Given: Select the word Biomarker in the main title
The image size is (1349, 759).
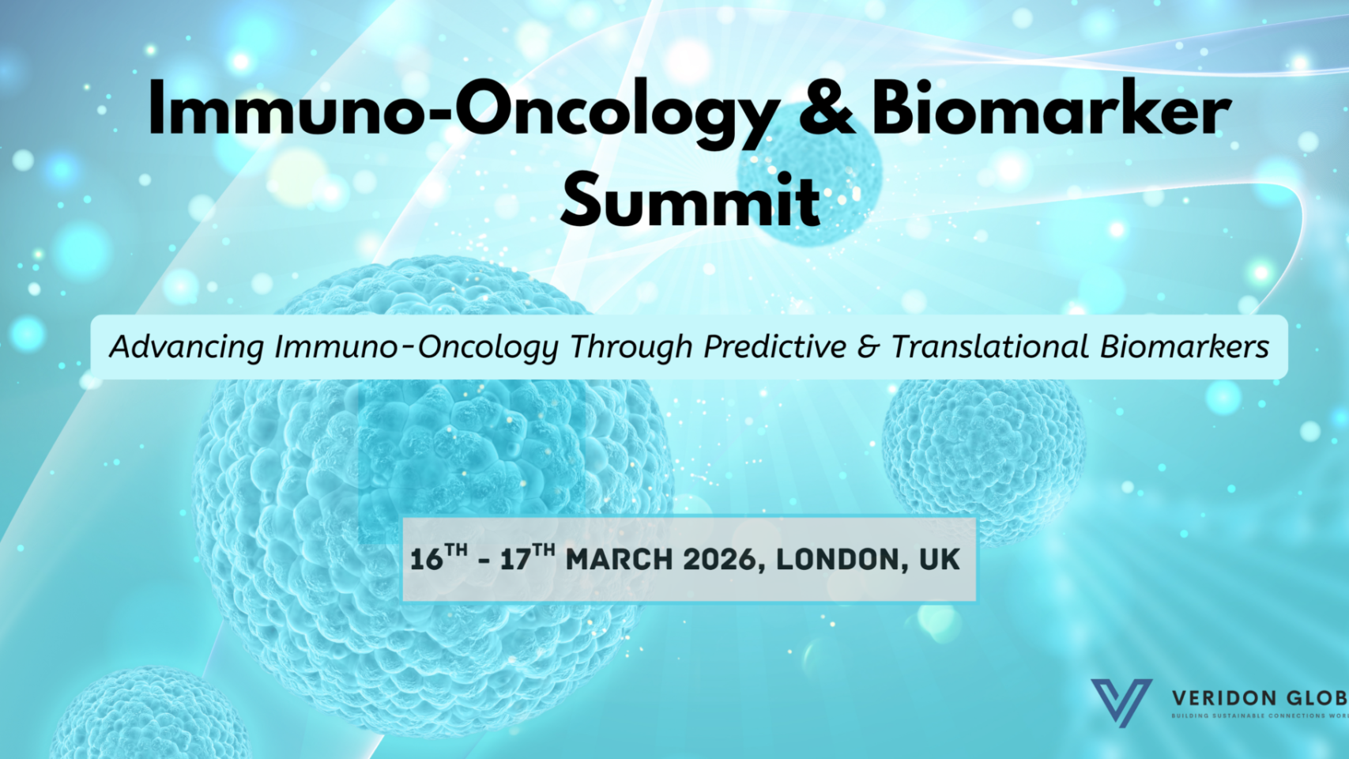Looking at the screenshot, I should point(1050,108).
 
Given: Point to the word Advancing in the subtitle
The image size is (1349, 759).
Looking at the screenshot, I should point(187,348).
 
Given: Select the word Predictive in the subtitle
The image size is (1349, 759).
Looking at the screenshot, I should point(774,346).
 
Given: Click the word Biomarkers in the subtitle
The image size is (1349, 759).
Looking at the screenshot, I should point(1185,346).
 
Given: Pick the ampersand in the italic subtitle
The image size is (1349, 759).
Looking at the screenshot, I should point(869,347).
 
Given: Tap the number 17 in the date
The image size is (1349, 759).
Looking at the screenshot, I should point(515,560).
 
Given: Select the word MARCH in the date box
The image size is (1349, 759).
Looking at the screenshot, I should point(619,560).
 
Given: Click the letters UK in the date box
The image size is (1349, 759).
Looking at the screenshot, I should point(939,560).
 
